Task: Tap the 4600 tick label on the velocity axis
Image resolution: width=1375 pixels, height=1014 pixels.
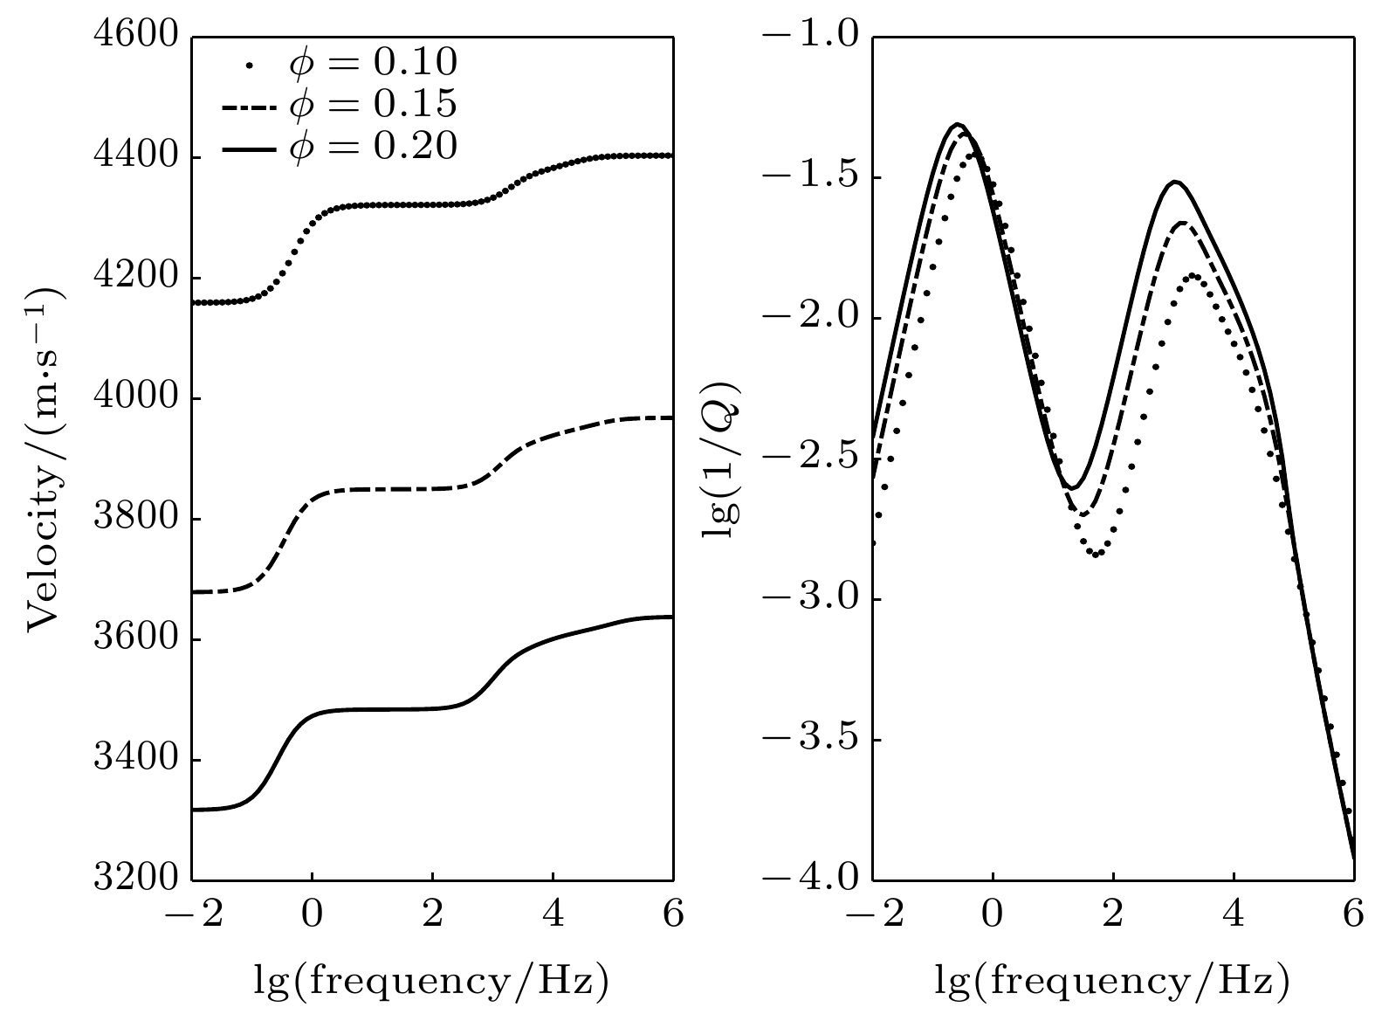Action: coord(135,38)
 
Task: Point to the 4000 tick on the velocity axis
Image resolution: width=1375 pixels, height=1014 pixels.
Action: coord(135,399)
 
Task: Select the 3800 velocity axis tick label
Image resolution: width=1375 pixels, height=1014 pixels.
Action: coord(135,520)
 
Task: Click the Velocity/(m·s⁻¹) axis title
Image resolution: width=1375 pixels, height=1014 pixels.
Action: coord(44,459)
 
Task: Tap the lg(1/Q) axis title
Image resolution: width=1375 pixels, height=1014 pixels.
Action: coord(722,459)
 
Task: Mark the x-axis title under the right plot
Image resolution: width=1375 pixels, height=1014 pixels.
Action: coord(1112,981)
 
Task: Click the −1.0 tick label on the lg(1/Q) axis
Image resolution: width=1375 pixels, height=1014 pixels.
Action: coord(810,38)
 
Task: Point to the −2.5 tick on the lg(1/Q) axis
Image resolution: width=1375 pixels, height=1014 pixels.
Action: coord(810,459)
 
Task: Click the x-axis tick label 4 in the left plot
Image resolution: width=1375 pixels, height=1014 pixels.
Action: coord(553,916)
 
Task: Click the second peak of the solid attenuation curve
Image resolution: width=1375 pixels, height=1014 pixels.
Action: coord(1175,182)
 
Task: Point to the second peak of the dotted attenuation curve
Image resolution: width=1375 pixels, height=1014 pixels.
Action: coord(1193,276)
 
